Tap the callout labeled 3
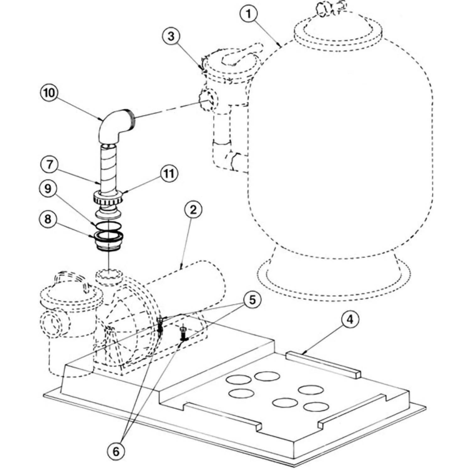tap(171, 36)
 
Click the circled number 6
tap(116, 452)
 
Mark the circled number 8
tap(48, 219)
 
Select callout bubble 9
tap(48, 188)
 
